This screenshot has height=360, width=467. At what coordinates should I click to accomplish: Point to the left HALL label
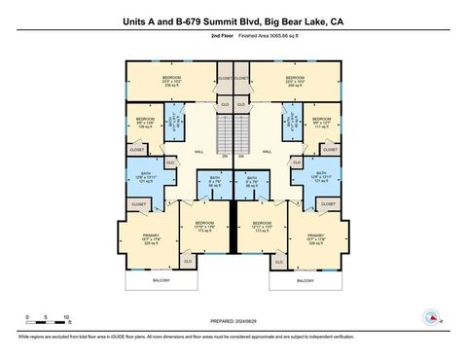coord(200,152)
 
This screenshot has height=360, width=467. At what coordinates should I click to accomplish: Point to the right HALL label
coord(266,152)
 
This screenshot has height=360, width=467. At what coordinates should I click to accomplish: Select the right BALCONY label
coord(305,280)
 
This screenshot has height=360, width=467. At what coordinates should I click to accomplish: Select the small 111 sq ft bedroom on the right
coord(322,124)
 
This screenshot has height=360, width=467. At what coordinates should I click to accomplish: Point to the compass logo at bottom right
coord(429,316)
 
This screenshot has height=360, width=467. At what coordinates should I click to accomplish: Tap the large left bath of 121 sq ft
coord(146,178)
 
